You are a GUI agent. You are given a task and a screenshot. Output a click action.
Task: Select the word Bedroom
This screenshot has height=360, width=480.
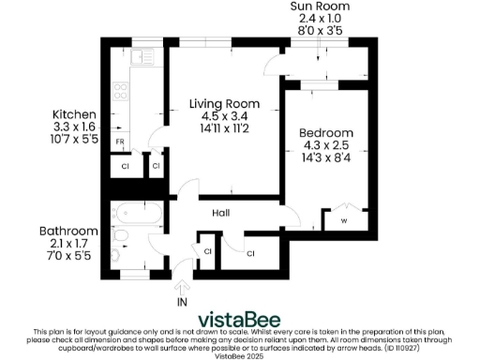pos(326,133)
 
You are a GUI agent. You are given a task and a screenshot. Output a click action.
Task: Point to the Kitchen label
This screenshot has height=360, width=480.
pos(72,114)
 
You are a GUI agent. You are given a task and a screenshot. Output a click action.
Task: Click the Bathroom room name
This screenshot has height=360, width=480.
pos(68,232)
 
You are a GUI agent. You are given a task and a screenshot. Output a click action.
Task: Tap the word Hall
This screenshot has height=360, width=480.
pos(221,214)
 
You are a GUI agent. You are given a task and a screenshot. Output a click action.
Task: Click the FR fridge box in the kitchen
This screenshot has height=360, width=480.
pos(121,142)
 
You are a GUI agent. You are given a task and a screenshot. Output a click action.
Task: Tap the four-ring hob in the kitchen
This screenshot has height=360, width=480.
pos(121,93)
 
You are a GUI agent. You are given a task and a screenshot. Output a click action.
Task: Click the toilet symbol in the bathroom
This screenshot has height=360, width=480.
pos(118,252)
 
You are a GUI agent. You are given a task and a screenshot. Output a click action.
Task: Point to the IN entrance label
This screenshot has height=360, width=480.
pos(182,302)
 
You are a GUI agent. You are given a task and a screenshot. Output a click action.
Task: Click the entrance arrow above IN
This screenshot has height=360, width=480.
pos(182,282)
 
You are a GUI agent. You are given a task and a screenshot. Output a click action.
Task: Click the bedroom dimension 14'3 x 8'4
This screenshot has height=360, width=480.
pos(326,158)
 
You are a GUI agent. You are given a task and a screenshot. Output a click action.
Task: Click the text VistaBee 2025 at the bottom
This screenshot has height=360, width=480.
pos(240,355)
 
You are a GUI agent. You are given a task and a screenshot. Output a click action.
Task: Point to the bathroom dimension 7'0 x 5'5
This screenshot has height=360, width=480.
pos(68,256)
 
